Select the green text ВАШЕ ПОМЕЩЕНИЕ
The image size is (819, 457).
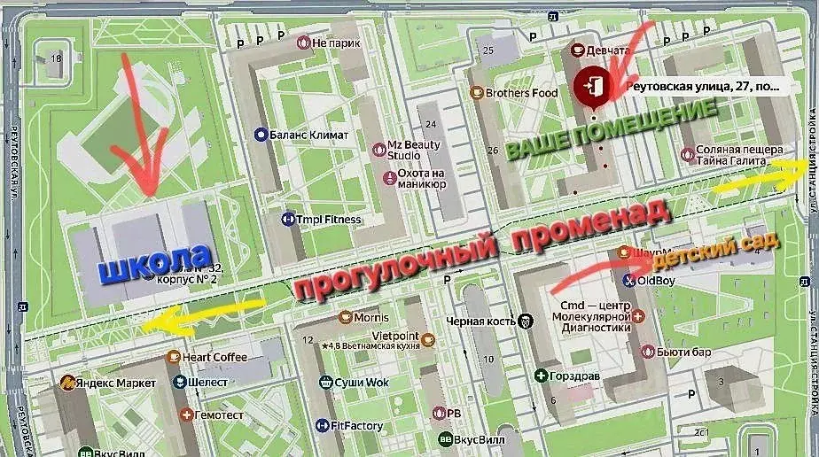point(611,131)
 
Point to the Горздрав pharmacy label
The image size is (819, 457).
point(566,376)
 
